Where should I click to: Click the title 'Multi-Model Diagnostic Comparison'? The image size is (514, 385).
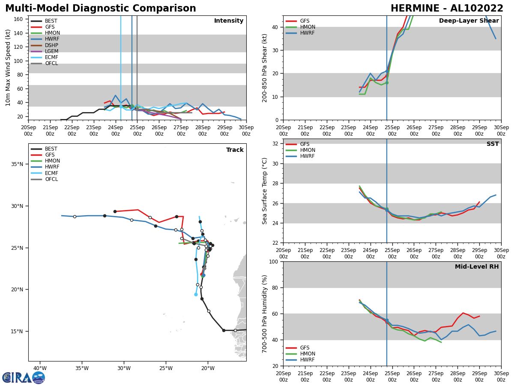tap(101, 9)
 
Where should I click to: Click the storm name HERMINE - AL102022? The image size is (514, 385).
tap(447, 9)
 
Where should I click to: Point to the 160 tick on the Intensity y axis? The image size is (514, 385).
tap(18, 19)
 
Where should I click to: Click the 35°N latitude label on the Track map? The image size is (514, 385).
tap(17, 164)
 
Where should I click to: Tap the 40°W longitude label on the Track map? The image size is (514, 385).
tap(40, 368)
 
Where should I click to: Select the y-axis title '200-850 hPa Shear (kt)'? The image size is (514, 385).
tap(265, 68)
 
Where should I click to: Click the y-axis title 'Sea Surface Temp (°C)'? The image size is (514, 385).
tap(265, 191)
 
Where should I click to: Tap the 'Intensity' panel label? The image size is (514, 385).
tap(229, 21)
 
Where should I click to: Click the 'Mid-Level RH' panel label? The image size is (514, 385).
tap(477, 267)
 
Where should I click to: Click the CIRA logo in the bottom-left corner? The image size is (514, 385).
tap(24, 377)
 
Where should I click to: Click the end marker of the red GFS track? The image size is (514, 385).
tap(115, 211)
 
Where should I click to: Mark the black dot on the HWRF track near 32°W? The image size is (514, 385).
tap(105, 216)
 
